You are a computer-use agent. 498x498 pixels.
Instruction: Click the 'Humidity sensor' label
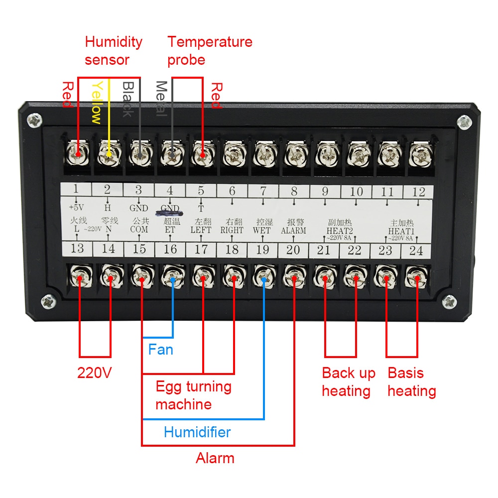coord(114,51)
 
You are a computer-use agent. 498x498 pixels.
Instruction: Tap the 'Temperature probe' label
coord(210,51)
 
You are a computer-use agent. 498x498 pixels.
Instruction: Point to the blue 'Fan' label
coord(161,349)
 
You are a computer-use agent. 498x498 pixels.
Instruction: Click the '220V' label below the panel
coord(94,373)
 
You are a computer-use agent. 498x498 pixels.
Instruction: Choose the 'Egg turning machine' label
coord(193,395)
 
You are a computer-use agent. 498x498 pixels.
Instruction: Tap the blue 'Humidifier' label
coord(197,432)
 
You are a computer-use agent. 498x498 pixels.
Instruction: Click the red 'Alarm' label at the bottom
coord(215,458)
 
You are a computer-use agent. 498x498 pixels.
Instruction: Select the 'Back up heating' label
coord(348,382)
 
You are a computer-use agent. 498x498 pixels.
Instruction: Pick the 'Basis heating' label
coord(412,382)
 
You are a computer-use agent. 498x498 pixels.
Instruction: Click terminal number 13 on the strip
coord(77,249)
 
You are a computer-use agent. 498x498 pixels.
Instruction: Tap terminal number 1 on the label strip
coord(76,189)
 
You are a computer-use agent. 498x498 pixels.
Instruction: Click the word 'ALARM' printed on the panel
coord(293,231)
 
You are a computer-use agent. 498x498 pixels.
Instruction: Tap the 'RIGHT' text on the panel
coord(232,231)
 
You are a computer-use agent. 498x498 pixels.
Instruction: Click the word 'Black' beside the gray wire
coord(127,100)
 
